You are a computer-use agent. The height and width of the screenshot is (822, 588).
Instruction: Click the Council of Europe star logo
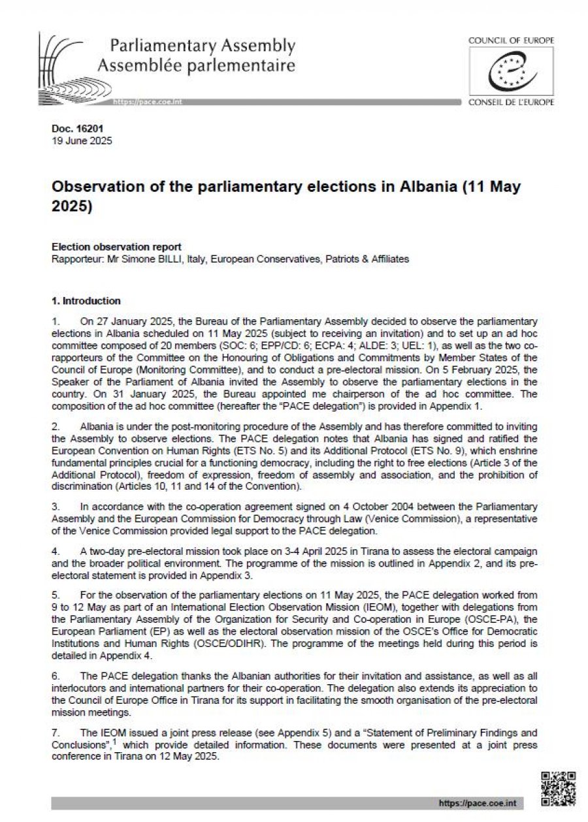click(510, 72)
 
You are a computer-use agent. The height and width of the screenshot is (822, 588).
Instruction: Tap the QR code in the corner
click(559, 788)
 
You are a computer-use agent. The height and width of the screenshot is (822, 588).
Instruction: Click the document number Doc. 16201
click(77, 129)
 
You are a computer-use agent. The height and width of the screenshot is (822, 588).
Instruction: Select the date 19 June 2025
click(82, 140)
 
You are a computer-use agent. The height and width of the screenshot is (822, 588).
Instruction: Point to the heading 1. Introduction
click(86, 301)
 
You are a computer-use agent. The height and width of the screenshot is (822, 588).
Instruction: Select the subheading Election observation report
click(116, 247)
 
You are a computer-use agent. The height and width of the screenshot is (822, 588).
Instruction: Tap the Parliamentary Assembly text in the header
click(203, 46)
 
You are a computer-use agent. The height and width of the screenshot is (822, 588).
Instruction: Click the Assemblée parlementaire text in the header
click(196, 65)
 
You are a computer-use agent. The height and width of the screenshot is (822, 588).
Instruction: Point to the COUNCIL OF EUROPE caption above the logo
click(511, 40)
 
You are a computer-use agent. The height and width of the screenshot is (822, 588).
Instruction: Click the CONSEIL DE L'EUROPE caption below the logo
click(511, 103)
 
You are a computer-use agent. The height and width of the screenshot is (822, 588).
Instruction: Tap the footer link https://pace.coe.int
click(469, 803)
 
